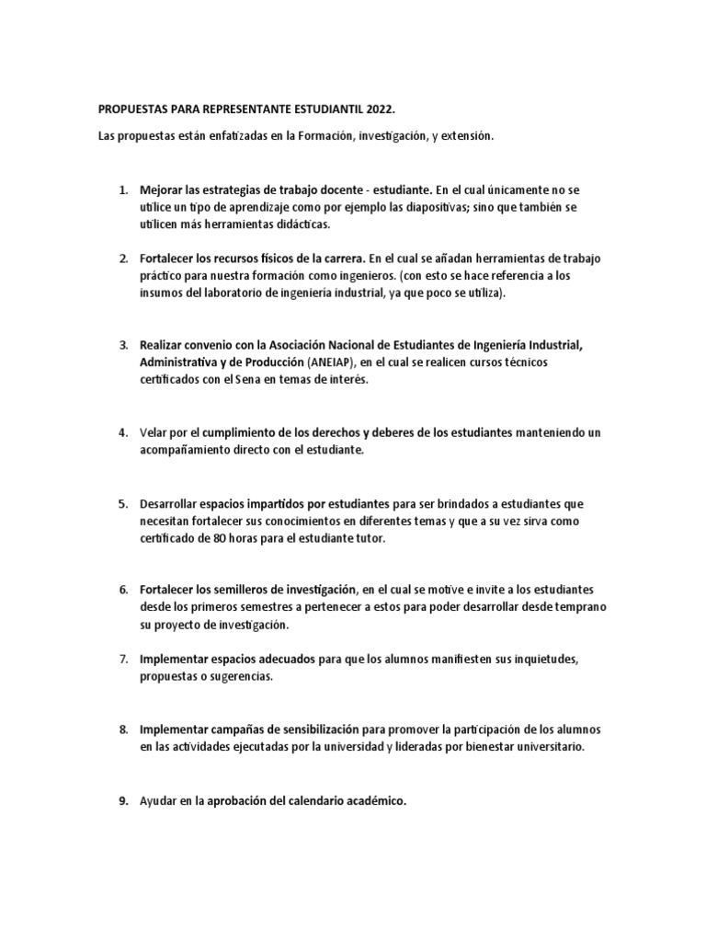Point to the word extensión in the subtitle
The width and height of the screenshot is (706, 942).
click(x=467, y=135)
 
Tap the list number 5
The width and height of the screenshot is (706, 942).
click(x=122, y=504)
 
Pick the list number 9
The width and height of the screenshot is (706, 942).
click(x=122, y=800)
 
